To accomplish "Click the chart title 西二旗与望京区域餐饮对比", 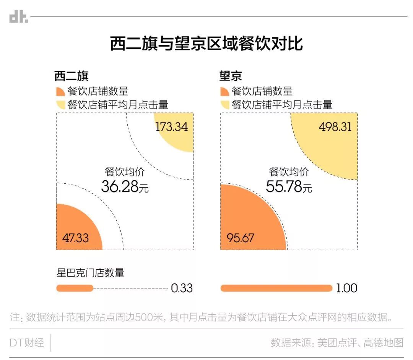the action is (x=206, y=43).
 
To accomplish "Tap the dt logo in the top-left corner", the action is (x=18, y=17).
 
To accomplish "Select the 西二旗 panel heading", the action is (x=72, y=76).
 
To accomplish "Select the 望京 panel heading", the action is (x=231, y=76).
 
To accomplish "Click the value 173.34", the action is (x=171, y=127).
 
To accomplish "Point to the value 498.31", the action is (x=335, y=127).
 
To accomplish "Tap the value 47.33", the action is (x=75, y=238).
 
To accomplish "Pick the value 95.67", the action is (x=240, y=238).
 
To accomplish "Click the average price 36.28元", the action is (x=125, y=186).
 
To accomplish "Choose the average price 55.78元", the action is (x=289, y=186).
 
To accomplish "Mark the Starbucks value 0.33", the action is (x=182, y=288).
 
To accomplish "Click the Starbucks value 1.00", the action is (x=346, y=288).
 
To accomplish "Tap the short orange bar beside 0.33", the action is (x=75, y=288).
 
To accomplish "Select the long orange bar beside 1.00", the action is (x=276, y=288).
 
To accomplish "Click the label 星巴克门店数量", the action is (x=90, y=273).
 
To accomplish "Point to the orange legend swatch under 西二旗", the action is (x=60, y=92).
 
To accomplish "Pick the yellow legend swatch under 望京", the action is (x=225, y=104).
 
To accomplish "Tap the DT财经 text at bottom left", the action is (x=27, y=343).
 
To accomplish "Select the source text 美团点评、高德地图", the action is (x=360, y=343).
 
